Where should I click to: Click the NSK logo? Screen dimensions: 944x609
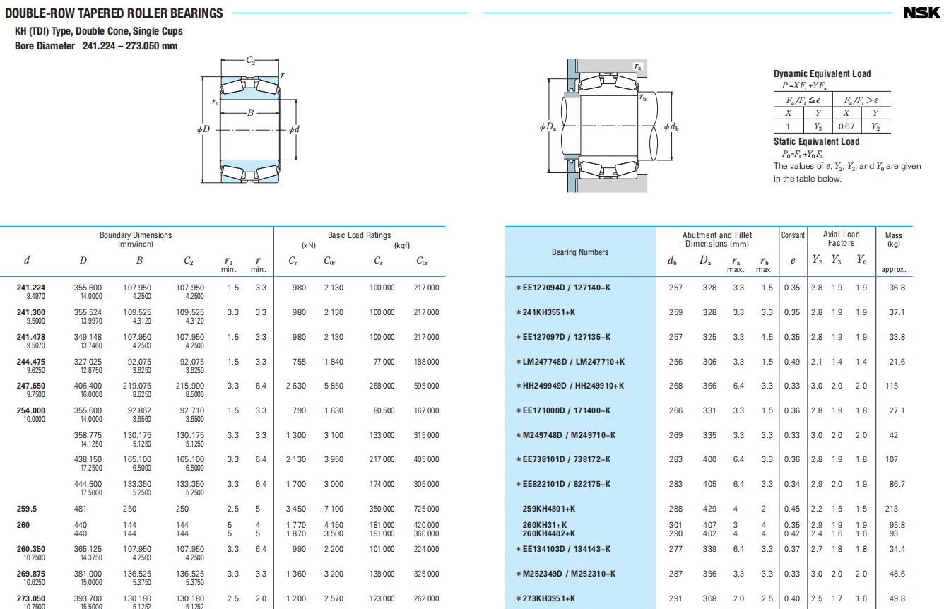pyautogui.click(x=921, y=13)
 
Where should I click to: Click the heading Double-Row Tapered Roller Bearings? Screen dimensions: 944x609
pyautogui.click(x=114, y=13)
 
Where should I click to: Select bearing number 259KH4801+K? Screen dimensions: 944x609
pyautogui.click(x=549, y=509)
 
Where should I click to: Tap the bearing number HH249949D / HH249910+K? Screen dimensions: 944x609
pyautogui.click(x=573, y=386)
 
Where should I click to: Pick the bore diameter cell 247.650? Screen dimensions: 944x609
pyautogui.click(x=31, y=386)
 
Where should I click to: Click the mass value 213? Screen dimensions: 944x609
pyautogui.click(x=891, y=509)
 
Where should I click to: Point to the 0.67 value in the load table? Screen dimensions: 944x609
pyautogui.click(x=846, y=126)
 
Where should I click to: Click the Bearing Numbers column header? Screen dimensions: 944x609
pyautogui.click(x=580, y=252)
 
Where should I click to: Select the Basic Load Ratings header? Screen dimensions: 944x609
pyautogui.click(x=359, y=235)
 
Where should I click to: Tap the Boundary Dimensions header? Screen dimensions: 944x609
pyautogui.click(x=136, y=235)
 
